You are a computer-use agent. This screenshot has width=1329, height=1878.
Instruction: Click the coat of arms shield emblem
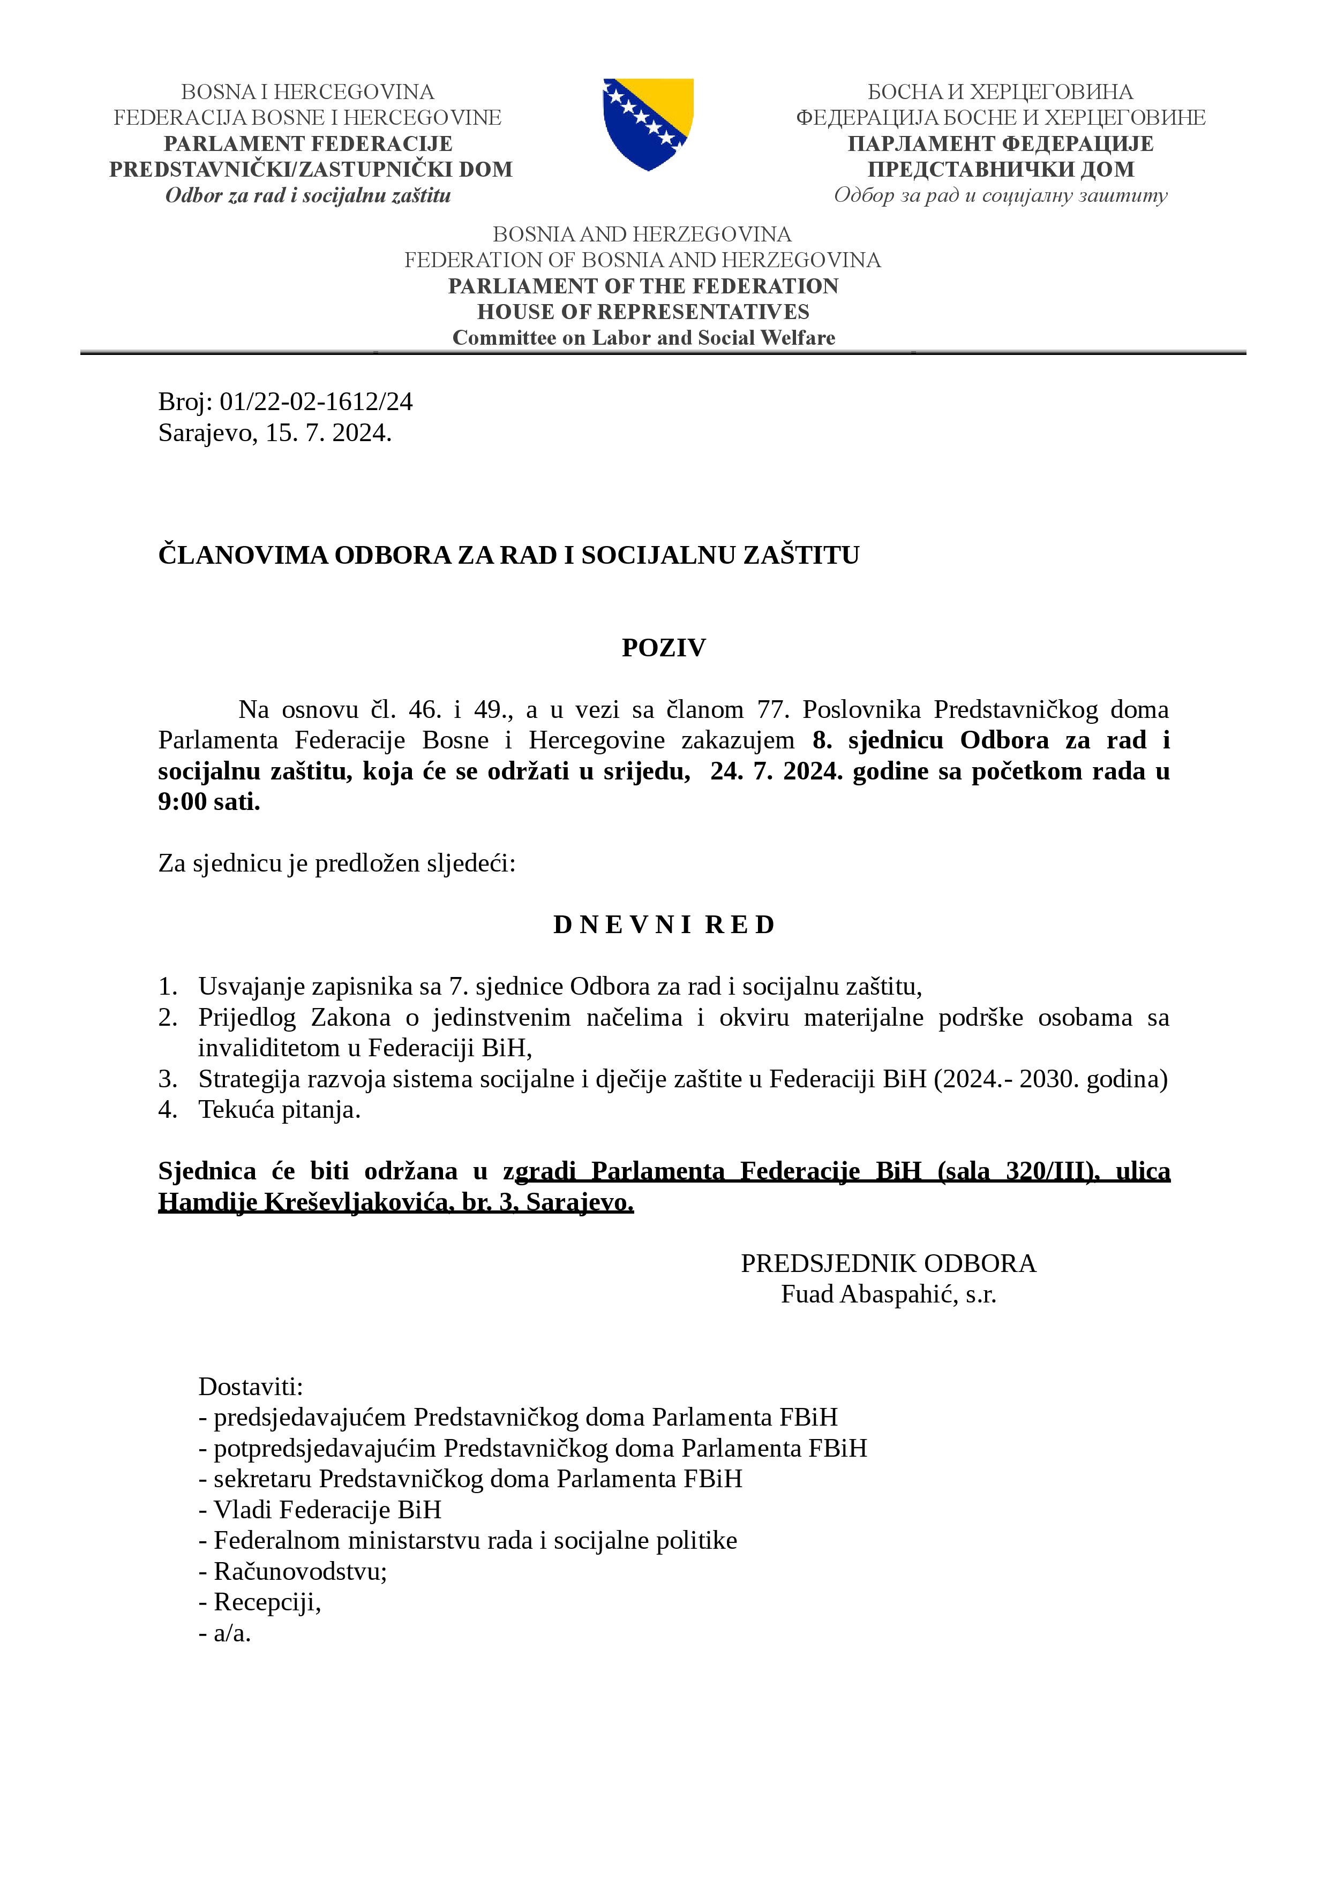648,124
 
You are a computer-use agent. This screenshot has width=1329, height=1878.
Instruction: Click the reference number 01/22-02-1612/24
316,402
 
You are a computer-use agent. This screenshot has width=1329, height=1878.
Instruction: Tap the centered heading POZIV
664,648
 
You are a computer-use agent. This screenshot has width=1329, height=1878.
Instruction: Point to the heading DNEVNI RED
664,925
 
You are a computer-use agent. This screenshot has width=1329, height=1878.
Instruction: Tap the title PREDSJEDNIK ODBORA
888,1264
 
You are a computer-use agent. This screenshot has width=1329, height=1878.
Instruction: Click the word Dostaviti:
250,1387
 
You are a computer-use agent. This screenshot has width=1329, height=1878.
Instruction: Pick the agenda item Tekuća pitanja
279,1110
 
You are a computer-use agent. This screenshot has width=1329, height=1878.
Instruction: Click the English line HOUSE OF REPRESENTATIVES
643,312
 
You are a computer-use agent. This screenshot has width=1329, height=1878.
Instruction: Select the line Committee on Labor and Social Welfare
643,338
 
